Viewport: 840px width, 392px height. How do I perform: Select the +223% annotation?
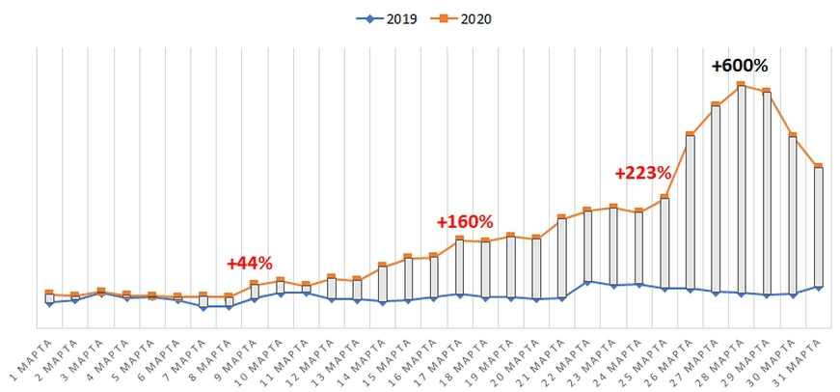642,173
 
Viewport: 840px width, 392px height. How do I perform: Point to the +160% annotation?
464,221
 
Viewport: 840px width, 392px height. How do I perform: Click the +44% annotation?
250,263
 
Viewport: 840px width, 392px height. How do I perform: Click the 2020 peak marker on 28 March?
742,85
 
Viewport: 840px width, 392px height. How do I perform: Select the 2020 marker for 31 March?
818,166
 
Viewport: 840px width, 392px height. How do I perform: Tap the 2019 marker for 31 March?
818,288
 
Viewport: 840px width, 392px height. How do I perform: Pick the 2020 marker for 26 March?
691,134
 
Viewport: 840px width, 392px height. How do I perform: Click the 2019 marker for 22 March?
588,282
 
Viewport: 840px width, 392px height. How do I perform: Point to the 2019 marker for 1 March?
49,303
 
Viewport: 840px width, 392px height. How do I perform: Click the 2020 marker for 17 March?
459,238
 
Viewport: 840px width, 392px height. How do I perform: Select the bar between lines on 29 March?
767,193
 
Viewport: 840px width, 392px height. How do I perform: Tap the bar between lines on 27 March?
716,198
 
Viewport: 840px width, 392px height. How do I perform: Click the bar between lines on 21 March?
561,258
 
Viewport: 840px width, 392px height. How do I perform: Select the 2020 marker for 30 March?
792,135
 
